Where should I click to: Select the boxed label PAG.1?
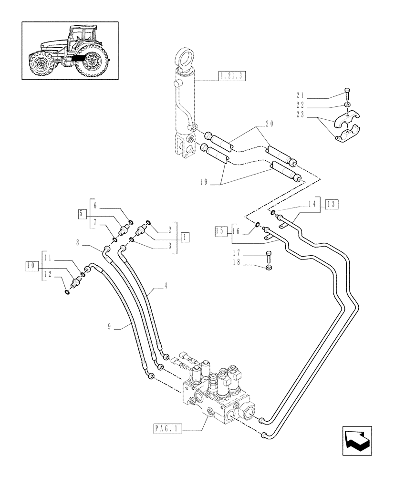tap(166, 429)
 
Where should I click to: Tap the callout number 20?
tap(269, 124)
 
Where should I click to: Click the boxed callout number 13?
tap(332, 204)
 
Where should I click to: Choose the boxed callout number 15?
tap(220, 231)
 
